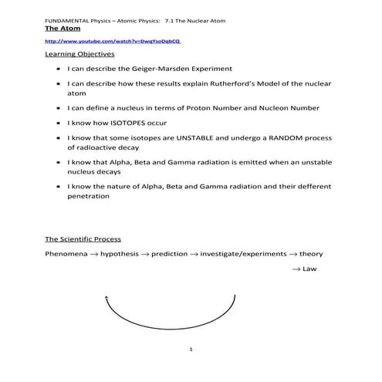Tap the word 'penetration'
pos(88,196)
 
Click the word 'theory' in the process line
pos(311,254)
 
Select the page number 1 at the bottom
pos(190,352)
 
